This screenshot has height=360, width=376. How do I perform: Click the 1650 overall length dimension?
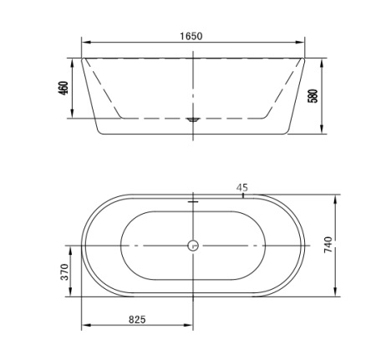[x=191, y=36]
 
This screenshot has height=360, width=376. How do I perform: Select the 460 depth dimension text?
[x=63, y=89]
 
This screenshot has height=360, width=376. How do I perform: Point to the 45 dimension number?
[x=242, y=188]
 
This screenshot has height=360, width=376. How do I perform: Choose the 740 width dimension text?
[x=328, y=246]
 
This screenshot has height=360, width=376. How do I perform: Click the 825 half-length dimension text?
[x=138, y=319]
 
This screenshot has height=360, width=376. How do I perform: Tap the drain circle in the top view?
[x=193, y=246]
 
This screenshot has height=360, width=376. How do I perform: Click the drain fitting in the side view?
[x=193, y=119]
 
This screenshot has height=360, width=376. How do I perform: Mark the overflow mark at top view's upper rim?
[x=193, y=200]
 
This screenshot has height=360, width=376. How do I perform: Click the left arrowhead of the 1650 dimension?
[x=84, y=43]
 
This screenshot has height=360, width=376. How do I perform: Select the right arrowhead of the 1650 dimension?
[x=302, y=43]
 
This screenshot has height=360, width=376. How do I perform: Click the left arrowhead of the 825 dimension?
[x=84, y=327]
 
